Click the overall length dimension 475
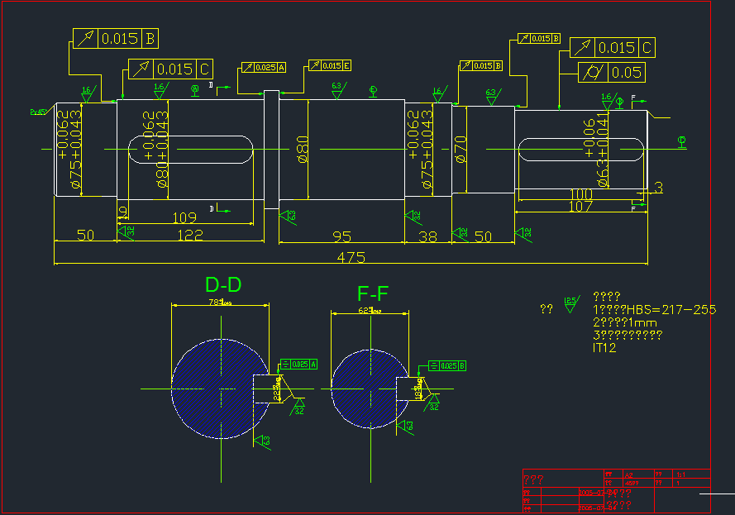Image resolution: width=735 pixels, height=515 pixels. [x=351, y=257]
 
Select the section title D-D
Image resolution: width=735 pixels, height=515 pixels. [x=223, y=285]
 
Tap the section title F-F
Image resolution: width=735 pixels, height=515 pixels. [x=373, y=293]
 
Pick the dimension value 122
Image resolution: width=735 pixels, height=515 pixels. [x=190, y=236]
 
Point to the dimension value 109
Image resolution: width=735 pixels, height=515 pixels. [x=184, y=218]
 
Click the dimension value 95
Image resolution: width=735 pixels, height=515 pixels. [x=342, y=236]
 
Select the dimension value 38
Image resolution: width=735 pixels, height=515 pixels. [x=427, y=236]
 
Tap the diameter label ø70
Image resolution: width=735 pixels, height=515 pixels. [x=461, y=150]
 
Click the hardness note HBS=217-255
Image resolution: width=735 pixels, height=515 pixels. [x=654, y=309]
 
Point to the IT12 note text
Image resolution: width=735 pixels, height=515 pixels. [x=604, y=348]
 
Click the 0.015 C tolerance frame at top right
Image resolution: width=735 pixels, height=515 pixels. [x=613, y=48]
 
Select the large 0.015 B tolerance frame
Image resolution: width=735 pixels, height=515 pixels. [x=116, y=38]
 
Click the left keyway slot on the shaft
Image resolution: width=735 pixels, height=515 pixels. [x=189, y=150]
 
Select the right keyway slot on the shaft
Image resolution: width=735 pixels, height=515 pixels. [x=580, y=150]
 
